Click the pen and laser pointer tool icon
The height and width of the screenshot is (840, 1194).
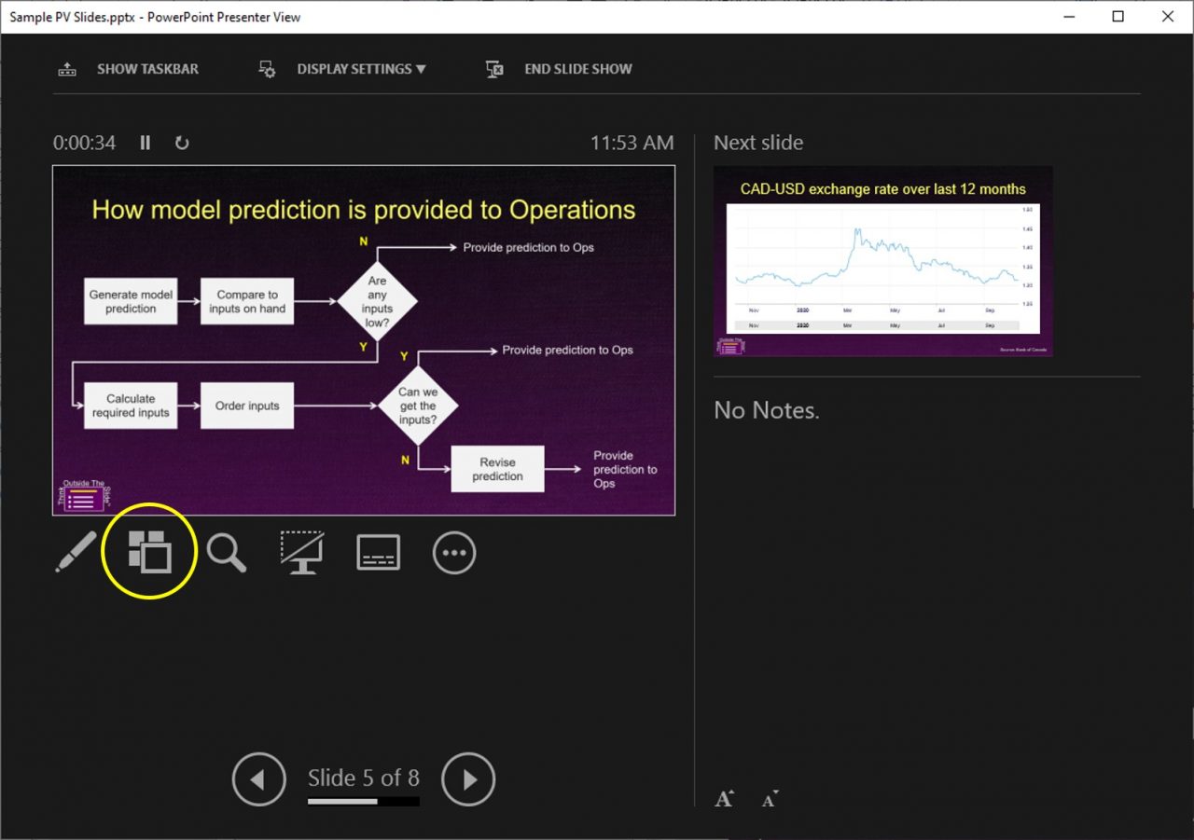point(76,552)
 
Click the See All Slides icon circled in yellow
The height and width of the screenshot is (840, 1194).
point(149,551)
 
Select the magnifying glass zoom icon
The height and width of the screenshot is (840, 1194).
point(227,552)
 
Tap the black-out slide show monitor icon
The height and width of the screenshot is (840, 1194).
point(302,552)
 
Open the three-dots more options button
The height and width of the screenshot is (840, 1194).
point(454,553)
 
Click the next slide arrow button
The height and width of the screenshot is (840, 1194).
point(468,779)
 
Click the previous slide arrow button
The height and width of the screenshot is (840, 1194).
point(258,779)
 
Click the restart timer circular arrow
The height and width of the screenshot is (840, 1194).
point(182,143)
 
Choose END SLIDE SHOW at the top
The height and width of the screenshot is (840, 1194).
point(577,69)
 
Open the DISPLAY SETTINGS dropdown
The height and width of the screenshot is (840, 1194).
point(361,69)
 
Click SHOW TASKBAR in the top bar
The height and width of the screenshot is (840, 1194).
point(147,69)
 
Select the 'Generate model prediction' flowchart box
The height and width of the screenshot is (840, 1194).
point(131,301)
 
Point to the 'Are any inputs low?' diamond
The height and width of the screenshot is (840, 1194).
point(377,301)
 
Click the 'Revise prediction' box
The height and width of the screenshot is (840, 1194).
point(497,469)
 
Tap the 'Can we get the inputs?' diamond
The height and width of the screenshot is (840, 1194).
point(418,406)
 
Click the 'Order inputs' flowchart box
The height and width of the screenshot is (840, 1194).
point(247,406)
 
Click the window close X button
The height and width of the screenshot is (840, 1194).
point(1168,17)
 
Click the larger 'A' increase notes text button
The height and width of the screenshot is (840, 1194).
point(724,799)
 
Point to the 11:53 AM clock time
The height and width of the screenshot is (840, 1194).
point(632,143)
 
